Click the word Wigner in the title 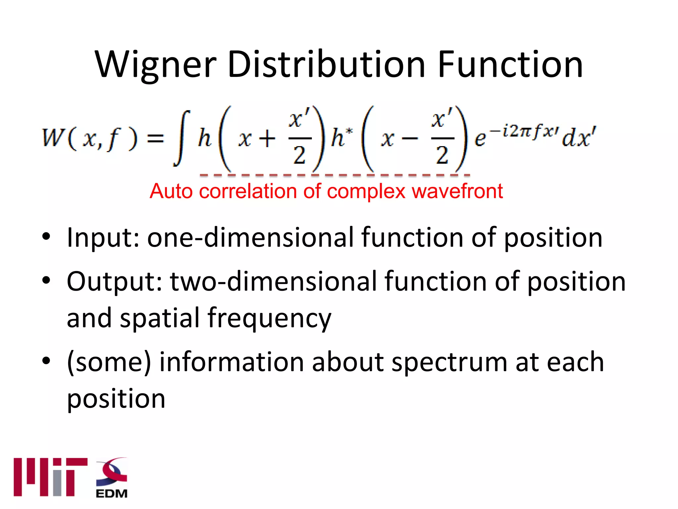156,65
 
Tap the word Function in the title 510,65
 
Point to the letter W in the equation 53,138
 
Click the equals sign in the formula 155,138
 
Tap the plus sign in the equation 267,139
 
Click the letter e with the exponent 480,139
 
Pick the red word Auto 171,192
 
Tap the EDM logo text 112,493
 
